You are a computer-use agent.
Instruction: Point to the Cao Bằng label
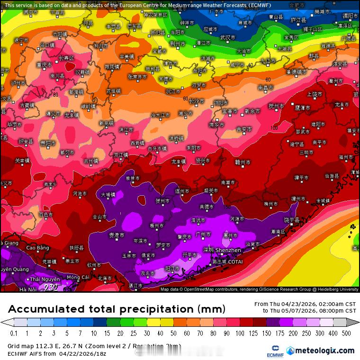(37, 248)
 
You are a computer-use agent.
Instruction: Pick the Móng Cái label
(78, 277)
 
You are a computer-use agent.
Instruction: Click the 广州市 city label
(203, 234)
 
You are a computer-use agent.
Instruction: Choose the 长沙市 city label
(196, 101)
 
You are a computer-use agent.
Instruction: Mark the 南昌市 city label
(266, 88)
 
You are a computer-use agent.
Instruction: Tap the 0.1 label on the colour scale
(14, 333)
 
